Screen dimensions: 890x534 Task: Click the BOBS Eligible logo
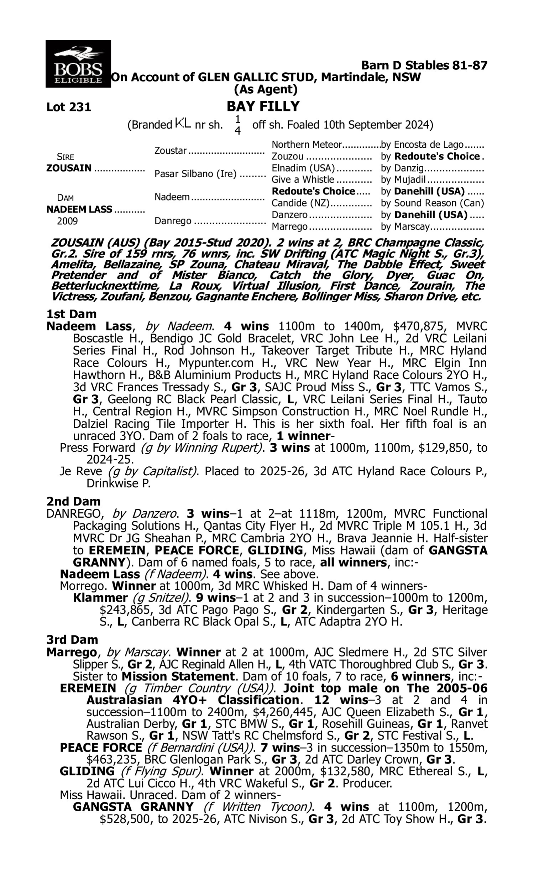(78, 64)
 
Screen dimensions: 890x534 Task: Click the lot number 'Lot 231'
(69, 107)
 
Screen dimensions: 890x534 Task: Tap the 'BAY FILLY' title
(263, 106)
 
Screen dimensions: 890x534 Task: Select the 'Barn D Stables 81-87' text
(424, 66)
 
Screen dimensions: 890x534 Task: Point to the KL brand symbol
(183, 124)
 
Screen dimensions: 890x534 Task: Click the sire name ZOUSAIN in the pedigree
(69, 168)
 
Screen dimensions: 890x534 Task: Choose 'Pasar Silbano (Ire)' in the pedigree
(195, 174)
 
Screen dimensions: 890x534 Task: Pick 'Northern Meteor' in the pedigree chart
(306, 145)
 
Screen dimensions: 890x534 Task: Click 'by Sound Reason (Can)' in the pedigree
(432, 203)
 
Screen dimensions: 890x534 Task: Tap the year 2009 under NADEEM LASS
(67, 221)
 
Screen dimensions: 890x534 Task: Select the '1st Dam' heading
(72, 314)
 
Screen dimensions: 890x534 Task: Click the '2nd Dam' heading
(73, 501)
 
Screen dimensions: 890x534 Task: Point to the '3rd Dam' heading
(72, 640)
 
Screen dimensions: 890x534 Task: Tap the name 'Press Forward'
(97, 448)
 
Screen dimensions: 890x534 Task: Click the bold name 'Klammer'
(100, 598)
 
